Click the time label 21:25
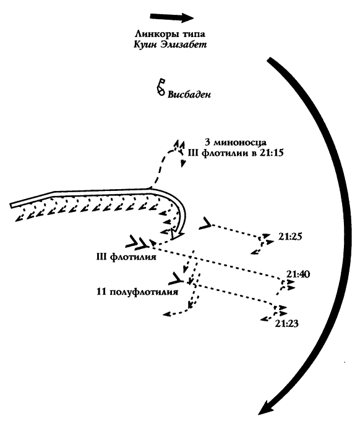coord(290,237)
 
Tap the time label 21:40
coord(298,274)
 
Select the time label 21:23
coord(286,324)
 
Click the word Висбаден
coord(189,95)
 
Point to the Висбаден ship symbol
coord(161,87)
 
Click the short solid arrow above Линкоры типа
coord(172,17)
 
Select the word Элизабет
coord(184,44)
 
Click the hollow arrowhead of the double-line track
coord(178,234)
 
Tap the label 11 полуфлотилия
coord(137,292)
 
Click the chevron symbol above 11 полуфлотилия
coord(176,278)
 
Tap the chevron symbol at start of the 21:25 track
coord(205,223)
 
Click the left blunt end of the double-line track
coord(11,205)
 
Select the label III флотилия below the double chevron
coord(126,257)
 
